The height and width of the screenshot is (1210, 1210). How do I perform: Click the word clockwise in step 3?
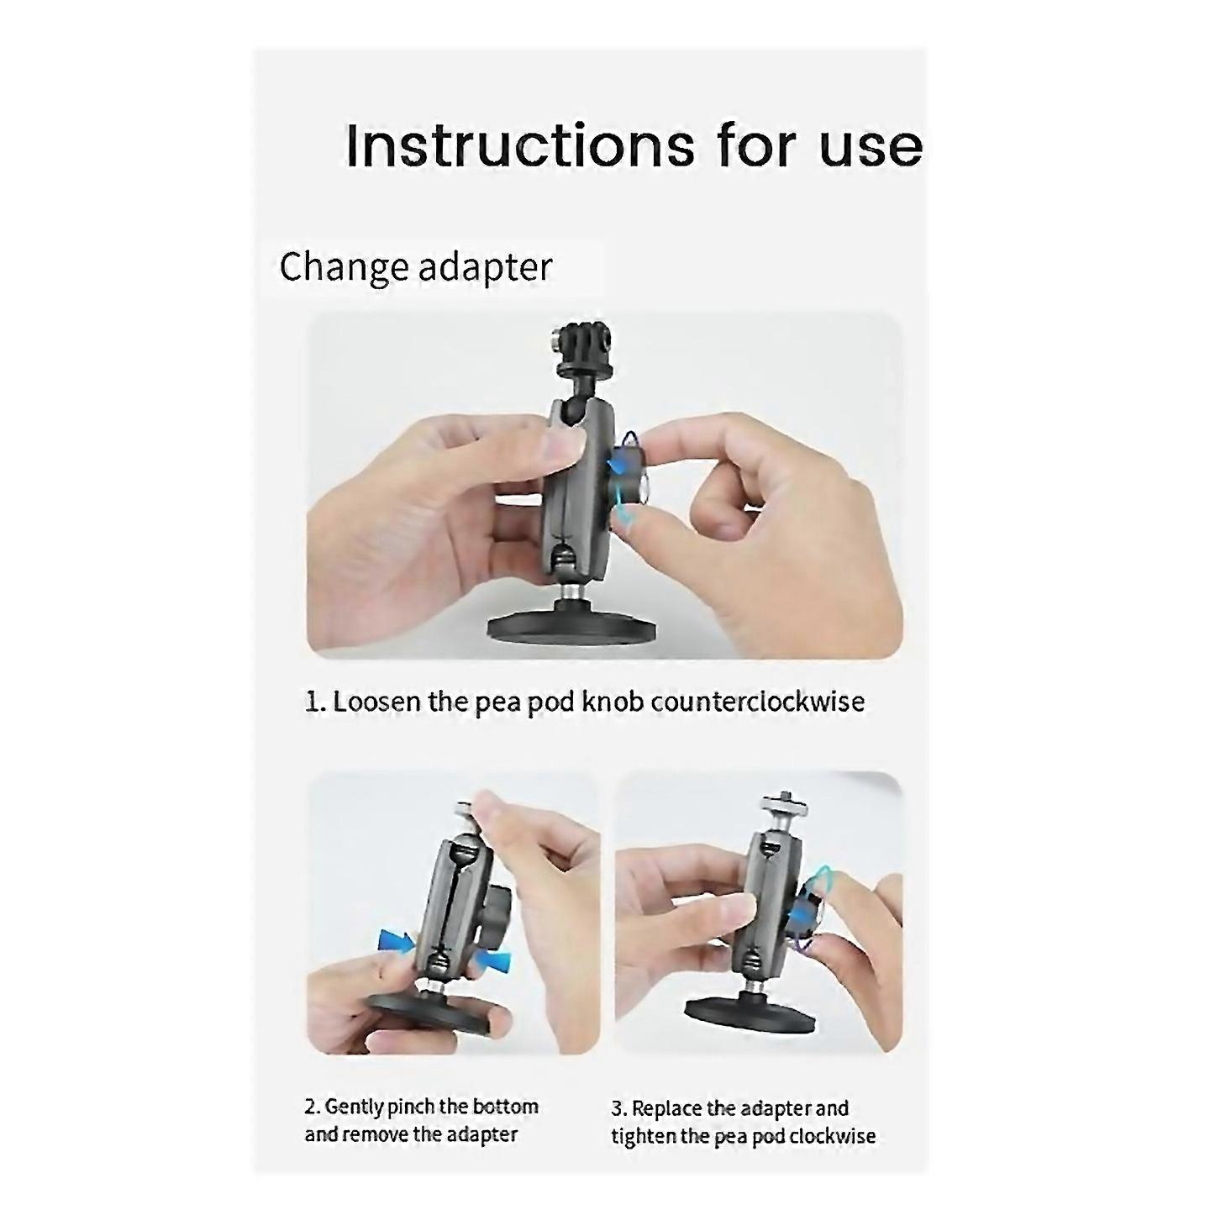832,1136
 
